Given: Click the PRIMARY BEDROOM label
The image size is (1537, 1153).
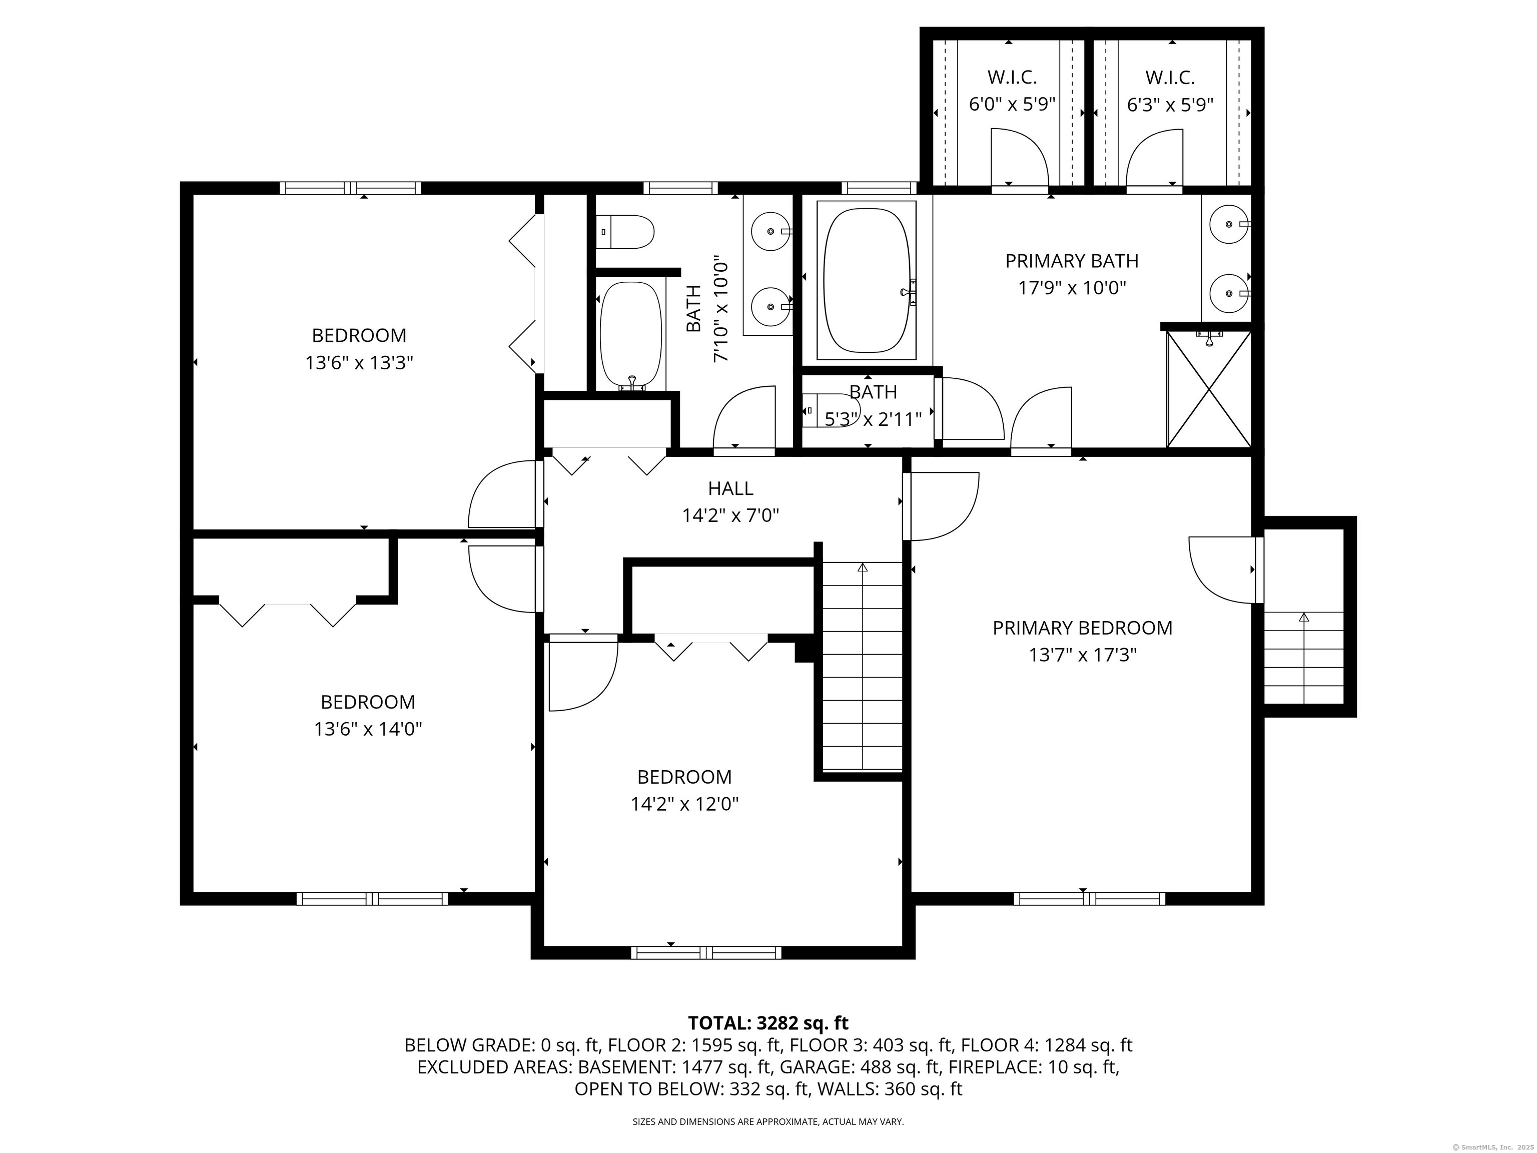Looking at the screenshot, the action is (1082, 628).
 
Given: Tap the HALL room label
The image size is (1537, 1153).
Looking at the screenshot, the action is (730, 488).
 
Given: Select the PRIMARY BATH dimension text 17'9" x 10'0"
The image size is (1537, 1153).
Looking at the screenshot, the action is (1072, 288).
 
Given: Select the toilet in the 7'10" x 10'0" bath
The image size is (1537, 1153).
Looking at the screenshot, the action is (625, 233).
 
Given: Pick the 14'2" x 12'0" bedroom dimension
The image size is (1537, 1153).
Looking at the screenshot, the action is (684, 804).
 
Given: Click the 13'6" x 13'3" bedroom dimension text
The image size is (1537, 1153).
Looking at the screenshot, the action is (359, 363).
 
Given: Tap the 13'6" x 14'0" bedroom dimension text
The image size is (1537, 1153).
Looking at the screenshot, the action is (368, 729).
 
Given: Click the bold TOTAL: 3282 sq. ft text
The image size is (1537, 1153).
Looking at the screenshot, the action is (768, 1023).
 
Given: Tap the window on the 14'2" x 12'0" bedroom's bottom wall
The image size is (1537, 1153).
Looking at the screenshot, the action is (706, 953).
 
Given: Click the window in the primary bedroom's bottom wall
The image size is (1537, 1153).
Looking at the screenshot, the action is (1090, 899).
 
